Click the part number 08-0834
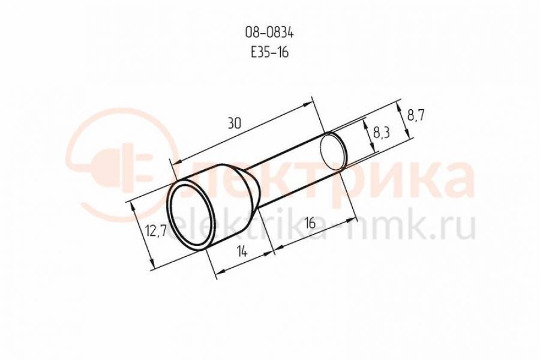(269, 33)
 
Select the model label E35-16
(269, 52)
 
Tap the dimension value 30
(234, 124)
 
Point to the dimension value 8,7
(415, 115)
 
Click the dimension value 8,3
(381, 133)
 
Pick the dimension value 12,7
(155, 230)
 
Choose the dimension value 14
(242, 252)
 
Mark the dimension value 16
(310, 223)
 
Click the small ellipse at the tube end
(333, 152)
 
